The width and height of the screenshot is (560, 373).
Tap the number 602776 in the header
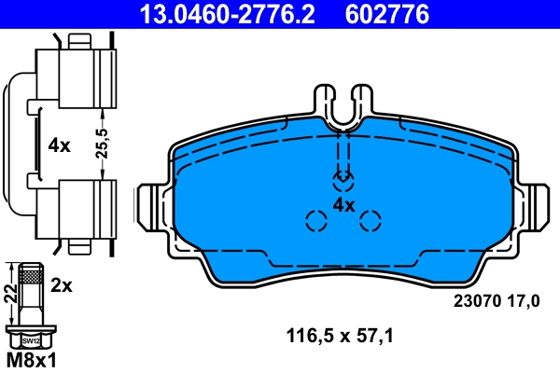pyautogui.click(x=389, y=14)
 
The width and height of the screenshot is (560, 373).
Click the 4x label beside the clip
pyautogui.click(x=59, y=145)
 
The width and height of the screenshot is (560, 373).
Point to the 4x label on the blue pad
pyautogui.click(x=343, y=204)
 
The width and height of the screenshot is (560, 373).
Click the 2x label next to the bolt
pyautogui.click(x=62, y=286)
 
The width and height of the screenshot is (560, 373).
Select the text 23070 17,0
pyautogui.click(x=496, y=300)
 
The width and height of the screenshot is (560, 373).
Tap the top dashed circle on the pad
pyautogui.click(x=343, y=177)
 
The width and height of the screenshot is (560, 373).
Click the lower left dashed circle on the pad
pyautogui.click(x=315, y=221)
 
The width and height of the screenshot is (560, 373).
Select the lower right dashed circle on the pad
pyautogui.click(x=371, y=221)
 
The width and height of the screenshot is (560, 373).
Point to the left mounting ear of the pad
pyautogui.click(x=149, y=206)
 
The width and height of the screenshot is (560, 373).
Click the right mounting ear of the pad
pyautogui.click(x=539, y=206)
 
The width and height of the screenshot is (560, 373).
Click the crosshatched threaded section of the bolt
pyautogui.click(x=32, y=277)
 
